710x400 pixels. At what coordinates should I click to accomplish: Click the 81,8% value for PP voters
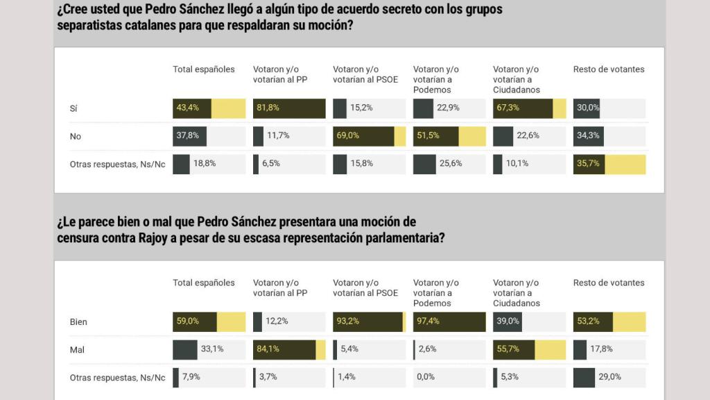(268, 108)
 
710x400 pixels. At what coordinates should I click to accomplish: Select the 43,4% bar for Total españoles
(209, 108)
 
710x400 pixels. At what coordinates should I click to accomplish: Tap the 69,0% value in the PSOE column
(349, 136)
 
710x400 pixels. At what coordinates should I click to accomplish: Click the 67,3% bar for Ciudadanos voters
(529, 108)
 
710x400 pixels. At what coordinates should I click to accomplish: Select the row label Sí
(73, 108)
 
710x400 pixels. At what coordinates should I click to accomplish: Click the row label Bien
(78, 322)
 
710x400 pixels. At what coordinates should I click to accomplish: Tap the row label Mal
(77, 350)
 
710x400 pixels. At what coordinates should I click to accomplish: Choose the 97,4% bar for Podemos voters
(449, 322)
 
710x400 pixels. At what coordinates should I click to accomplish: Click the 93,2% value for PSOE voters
(349, 322)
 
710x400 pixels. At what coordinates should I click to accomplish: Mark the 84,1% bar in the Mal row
(288, 350)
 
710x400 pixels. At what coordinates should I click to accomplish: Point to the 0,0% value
(425, 377)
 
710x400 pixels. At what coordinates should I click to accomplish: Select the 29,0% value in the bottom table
(610, 377)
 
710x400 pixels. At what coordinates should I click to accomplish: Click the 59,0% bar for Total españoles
(209, 322)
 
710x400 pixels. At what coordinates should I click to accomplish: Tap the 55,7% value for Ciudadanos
(508, 349)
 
